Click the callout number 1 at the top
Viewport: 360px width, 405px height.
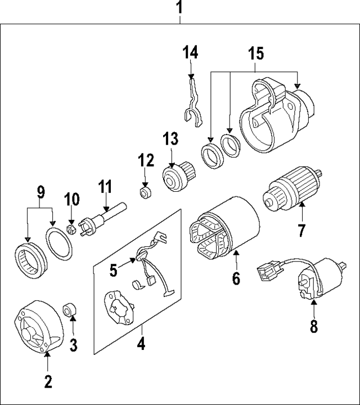coord(180,8)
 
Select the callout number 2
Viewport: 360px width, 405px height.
coord(48,382)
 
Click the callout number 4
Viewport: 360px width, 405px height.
coord(141,343)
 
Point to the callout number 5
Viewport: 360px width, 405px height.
coord(114,271)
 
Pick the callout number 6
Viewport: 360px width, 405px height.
coord(236,277)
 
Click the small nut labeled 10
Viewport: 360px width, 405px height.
coord(71,229)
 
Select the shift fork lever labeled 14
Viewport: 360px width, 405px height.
coord(193,101)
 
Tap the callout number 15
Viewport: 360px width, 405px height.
coord(256,55)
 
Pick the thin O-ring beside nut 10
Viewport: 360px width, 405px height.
coord(57,245)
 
